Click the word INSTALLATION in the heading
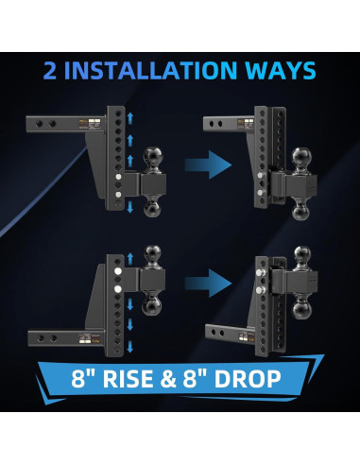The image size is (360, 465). [x=150, y=70]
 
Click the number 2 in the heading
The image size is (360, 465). [x=49, y=70]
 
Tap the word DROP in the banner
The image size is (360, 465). [x=248, y=378]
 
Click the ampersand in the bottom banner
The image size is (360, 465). [x=168, y=378]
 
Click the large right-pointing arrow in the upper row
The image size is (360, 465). [x=208, y=164]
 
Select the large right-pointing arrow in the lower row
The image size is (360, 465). [x=208, y=283]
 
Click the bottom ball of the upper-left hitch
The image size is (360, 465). [x=153, y=208]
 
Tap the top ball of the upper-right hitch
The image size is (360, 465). [x=301, y=157]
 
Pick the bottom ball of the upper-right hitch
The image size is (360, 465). [x=301, y=210]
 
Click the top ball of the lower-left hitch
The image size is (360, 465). [x=153, y=254]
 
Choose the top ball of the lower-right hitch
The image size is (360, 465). [x=302, y=255]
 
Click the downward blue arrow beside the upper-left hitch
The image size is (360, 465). [x=129, y=207]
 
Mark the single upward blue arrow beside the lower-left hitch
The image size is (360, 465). [x=129, y=258]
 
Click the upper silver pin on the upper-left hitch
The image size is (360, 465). [x=118, y=177]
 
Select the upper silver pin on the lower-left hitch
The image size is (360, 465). [x=118, y=271]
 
